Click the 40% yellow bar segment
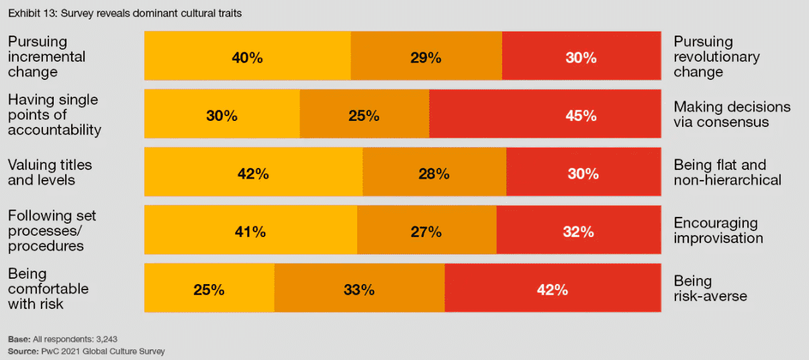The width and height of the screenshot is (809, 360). (x=247, y=56)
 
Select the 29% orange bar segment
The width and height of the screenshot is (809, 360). (x=426, y=56)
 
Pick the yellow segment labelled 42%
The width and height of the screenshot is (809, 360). (x=253, y=173)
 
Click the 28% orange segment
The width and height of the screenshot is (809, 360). (x=434, y=173)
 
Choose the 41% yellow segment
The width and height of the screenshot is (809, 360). (x=250, y=231)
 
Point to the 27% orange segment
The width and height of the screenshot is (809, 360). (x=426, y=231)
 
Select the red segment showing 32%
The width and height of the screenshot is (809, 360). (x=578, y=231)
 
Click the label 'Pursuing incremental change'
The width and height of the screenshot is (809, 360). (x=47, y=56)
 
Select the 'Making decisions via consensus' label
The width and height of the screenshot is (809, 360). (x=732, y=114)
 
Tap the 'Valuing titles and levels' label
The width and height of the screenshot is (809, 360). (x=50, y=173)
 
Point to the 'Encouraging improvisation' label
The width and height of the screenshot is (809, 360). (x=718, y=230)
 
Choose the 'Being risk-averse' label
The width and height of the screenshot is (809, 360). (x=710, y=288)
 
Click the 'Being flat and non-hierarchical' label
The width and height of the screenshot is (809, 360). (x=727, y=173)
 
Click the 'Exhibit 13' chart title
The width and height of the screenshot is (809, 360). (x=124, y=13)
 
